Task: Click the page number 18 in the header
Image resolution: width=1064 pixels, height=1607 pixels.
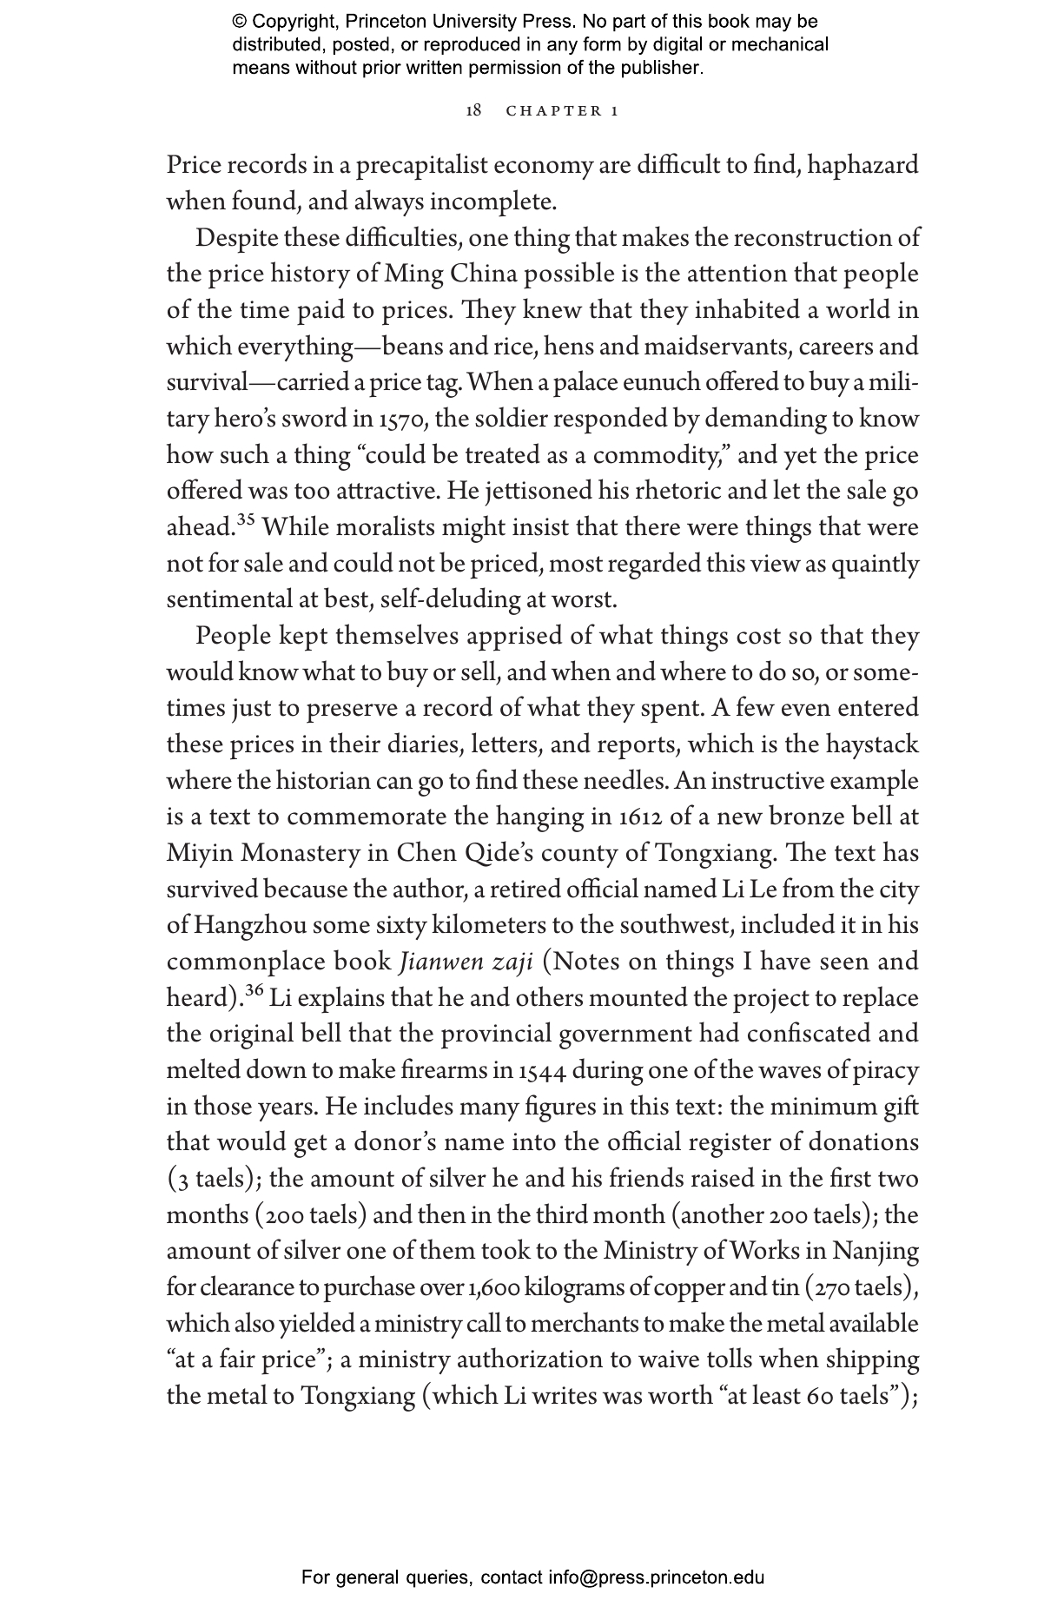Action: click(473, 110)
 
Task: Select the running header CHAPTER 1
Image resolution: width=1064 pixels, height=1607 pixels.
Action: click(562, 111)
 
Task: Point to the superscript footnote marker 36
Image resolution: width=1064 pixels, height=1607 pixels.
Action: click(254, 990)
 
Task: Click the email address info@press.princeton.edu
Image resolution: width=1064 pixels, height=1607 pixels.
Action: click(656, 1577)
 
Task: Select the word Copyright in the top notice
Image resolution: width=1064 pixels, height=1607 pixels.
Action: click(291, 22)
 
